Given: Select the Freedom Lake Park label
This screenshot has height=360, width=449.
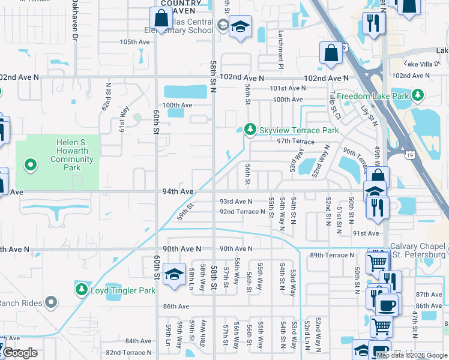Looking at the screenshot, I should (x=372, y=96).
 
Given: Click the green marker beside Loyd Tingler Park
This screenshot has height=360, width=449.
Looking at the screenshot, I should (x=81, y=290).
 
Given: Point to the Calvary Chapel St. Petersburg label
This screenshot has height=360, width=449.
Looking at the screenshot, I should (x=418, y=250).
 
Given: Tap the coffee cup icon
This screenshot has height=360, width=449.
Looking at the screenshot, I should (x=387, y=305).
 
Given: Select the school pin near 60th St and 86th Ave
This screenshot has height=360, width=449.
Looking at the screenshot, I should (x=173, y=274).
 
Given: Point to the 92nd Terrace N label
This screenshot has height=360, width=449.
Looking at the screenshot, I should (x=242, y=212).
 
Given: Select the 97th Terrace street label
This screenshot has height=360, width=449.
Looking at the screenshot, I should (x=295, y=141).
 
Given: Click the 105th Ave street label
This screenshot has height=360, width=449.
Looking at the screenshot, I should (x=134, y=42).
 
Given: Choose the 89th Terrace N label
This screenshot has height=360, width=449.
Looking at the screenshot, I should (x=332, y=255).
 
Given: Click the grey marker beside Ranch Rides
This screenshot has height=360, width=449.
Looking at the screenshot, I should (x=52, y=302).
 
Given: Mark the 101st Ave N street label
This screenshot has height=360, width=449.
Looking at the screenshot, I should (x=288, y=88).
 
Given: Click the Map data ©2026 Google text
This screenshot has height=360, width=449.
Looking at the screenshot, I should (x=412, y=355).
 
